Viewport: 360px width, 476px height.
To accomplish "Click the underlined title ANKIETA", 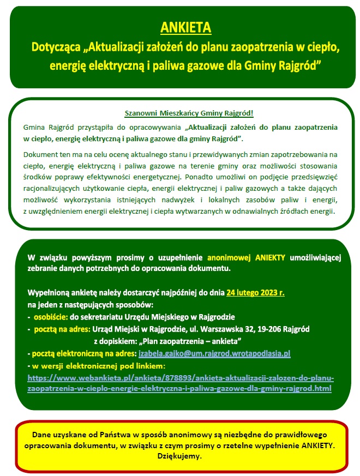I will (x=186, y=27).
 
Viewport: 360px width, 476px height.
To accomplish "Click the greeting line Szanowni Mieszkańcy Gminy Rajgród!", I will (x=189, y=113).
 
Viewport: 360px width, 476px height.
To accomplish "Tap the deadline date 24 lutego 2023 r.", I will (x=255, y=292).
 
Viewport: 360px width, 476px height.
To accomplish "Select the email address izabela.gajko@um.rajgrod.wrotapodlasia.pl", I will (x=214, y=354).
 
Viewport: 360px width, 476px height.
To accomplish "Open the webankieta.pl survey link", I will (x=180, y=383).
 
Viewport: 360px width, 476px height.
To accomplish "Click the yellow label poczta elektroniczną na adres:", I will (x=82, y=354).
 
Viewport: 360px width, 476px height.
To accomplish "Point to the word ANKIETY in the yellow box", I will (x=316, y=445).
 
